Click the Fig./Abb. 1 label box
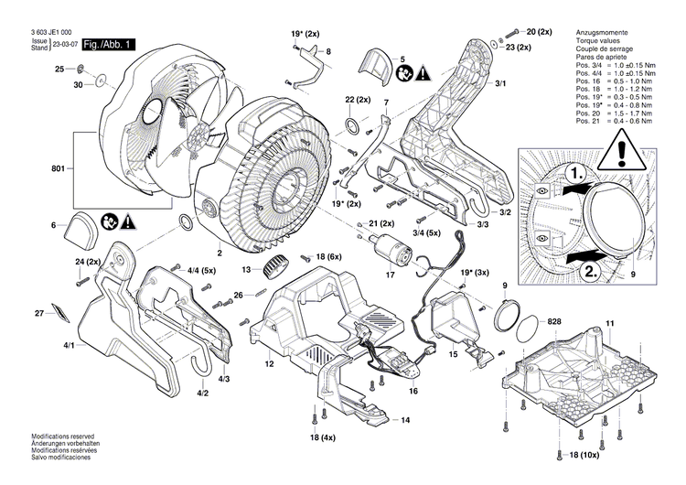point(109,44)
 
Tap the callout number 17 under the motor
point(389,273)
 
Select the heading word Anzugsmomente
point(604,32)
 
